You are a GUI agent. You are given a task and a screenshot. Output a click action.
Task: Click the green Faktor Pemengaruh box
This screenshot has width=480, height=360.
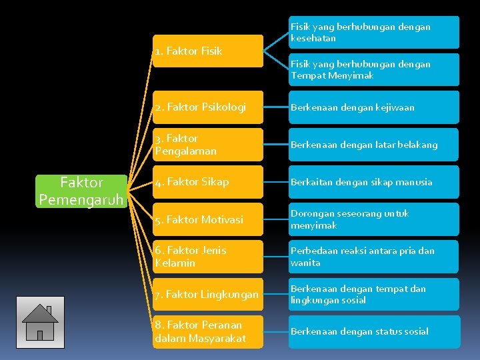(82, 191)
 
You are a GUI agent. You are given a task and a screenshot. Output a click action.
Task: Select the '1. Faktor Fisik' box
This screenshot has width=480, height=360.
(207, 51)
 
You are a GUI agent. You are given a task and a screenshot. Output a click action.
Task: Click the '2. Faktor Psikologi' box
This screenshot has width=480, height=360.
(207, 107)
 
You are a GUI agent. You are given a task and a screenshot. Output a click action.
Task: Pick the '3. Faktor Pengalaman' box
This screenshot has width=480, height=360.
(207, 145)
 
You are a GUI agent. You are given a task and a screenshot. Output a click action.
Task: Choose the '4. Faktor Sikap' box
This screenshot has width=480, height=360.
(207, 182)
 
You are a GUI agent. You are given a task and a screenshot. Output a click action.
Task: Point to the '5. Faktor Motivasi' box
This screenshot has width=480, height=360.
(207, 219)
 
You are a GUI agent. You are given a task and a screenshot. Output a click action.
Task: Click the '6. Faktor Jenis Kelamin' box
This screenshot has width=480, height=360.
(207, 257)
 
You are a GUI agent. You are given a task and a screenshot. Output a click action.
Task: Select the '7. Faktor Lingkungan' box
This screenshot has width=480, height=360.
(207, 294)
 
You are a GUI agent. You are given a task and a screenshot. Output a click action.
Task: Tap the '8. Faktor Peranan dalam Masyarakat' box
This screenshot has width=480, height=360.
(207, 331)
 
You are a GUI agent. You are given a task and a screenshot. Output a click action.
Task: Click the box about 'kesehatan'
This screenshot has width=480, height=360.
(373, 32)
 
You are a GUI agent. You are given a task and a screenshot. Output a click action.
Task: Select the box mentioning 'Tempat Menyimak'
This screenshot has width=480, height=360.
(373, 69)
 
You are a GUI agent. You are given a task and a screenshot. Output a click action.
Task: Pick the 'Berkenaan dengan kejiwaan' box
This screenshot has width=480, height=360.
(373, 107)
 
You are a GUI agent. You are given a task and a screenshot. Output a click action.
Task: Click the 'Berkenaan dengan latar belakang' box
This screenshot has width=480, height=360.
(373, 145)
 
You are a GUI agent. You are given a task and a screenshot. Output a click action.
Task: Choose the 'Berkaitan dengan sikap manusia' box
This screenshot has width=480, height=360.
(373, 182)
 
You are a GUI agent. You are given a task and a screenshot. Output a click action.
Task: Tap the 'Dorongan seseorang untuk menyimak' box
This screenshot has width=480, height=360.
(373, 219)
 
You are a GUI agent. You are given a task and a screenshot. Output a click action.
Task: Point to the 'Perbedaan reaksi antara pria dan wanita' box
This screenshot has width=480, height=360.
(373, 257)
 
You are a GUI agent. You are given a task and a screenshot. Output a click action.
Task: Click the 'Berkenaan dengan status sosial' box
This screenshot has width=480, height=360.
(373, 331)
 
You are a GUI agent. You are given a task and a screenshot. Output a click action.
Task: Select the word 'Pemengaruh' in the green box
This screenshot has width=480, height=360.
(81, 199)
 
